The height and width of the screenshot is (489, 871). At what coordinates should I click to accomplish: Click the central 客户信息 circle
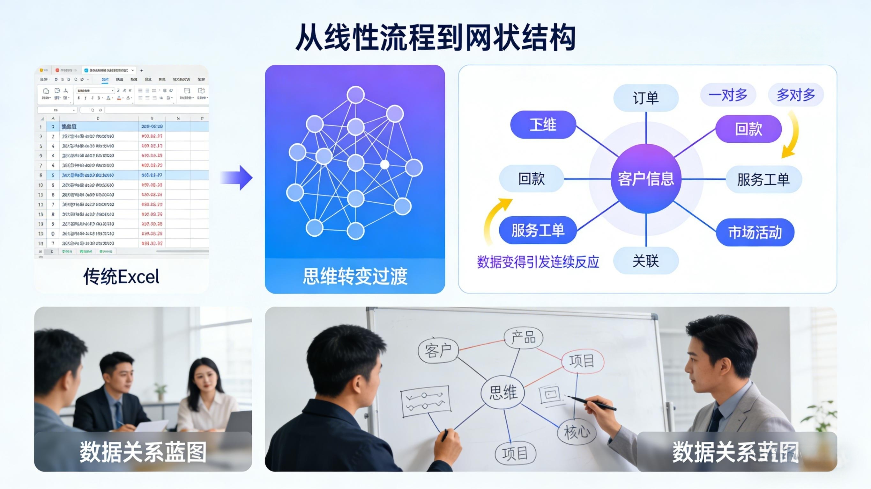click(x=645, y=179)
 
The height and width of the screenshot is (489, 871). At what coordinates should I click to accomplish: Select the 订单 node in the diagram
click(x=645, y=98)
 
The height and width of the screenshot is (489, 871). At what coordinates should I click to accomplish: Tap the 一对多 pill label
click(x=728, y=95)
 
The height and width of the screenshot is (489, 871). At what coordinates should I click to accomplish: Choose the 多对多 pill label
click(x=796, y=95)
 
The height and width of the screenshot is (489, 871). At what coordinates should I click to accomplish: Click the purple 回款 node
click(x=748, y=129)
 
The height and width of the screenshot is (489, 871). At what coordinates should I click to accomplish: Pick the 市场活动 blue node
click(x=755, y=232)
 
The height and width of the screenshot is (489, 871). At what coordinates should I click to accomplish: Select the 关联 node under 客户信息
click(x=645, y=261)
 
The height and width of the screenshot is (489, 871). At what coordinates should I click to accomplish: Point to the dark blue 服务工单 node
click(x=538, y=230)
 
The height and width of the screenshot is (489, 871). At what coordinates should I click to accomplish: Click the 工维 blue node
click(x=543, y=125)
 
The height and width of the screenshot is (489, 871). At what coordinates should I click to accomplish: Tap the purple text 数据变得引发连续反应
click(x=538, y=262)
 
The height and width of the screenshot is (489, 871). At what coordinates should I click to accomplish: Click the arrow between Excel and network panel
click(x=236, y=178)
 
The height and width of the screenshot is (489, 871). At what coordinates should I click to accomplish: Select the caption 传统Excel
click(x=121, y=277)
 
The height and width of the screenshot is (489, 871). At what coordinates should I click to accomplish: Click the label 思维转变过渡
click(x=355, y=277)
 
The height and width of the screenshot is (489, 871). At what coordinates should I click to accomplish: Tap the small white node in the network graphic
click(x=384, y=164)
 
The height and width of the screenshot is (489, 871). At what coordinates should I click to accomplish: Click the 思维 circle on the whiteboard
click(x=503, y=393)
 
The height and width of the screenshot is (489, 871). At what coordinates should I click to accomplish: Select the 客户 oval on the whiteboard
click(x=438, y=350)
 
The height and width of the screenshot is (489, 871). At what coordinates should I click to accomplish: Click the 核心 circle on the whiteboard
click(x=577, y=432)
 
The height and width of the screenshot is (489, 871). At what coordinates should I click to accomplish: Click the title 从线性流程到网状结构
click(x=435, y=37)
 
